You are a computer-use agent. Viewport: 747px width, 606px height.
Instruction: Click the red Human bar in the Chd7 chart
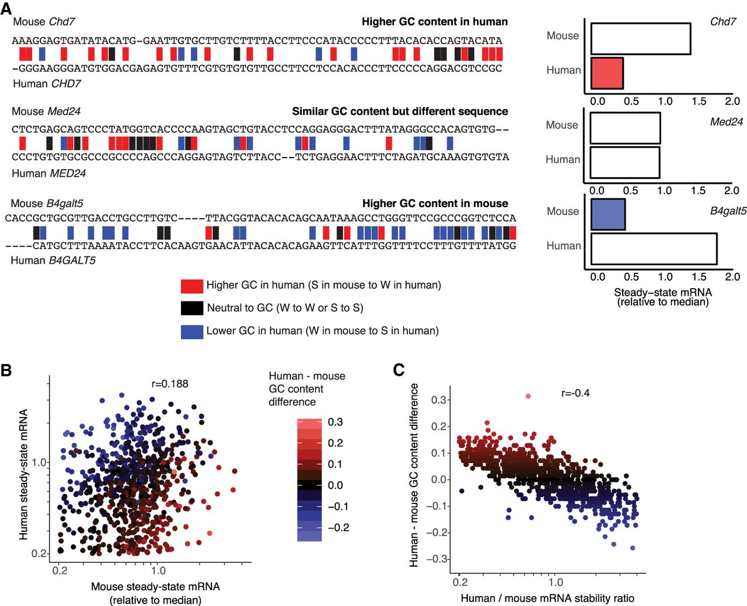(x=607, y=73)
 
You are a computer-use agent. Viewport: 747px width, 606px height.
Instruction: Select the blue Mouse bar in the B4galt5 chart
(x=608, y=215)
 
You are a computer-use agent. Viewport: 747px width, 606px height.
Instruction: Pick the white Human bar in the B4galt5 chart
(x=654, y=249)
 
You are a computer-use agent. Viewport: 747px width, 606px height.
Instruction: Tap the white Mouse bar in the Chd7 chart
(x=641, y=39)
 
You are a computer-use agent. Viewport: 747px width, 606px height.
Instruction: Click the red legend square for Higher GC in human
(x=191, y=286)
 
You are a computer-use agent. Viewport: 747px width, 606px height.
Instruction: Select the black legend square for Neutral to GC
(x=191, y=308)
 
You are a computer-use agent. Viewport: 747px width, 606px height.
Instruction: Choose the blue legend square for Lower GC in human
(x=191, y=331)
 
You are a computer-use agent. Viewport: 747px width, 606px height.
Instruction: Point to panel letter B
(x=6, y=370)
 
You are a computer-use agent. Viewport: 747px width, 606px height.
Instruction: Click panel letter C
(x=399, y=370)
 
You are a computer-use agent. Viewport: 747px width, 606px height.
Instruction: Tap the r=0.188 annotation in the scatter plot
(x=170, y=384)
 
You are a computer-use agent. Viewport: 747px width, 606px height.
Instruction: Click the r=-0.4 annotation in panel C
(x=575, y=393)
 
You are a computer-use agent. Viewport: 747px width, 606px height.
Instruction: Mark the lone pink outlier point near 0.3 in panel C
(x=528, y=396)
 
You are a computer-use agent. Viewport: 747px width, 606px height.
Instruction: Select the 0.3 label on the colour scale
(x=335, y=422)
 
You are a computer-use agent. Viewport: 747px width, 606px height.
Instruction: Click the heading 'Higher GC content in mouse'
(x=435, y=204)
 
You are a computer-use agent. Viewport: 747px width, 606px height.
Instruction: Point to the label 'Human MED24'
(x=49, y=173)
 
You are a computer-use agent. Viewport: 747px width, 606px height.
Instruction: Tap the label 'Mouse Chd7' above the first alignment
(x=44, y=22)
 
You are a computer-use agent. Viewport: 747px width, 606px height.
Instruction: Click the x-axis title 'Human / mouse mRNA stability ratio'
(x=547, y=598)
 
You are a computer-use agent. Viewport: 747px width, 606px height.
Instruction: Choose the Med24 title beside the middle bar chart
(x=726, y=122)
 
